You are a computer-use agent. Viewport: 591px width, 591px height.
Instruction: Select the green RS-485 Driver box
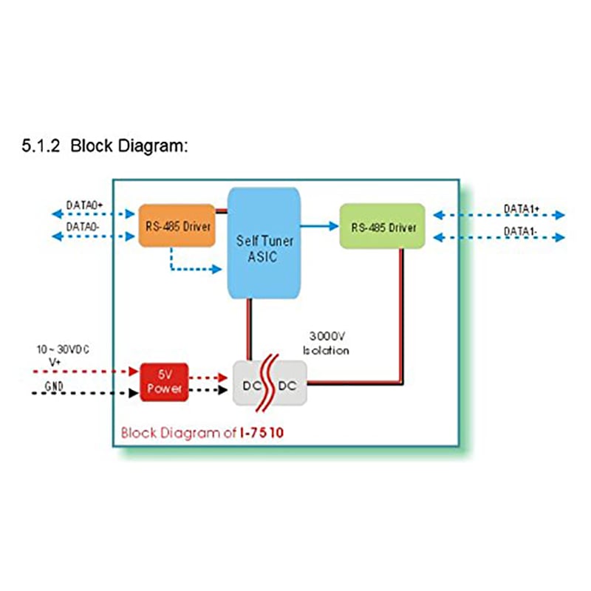coord(382,227)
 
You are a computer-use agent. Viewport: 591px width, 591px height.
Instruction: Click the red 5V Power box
coord(164,382)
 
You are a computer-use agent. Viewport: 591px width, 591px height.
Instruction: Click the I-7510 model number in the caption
coord(261,432)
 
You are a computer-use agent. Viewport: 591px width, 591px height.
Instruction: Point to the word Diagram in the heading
coord(151,146)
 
